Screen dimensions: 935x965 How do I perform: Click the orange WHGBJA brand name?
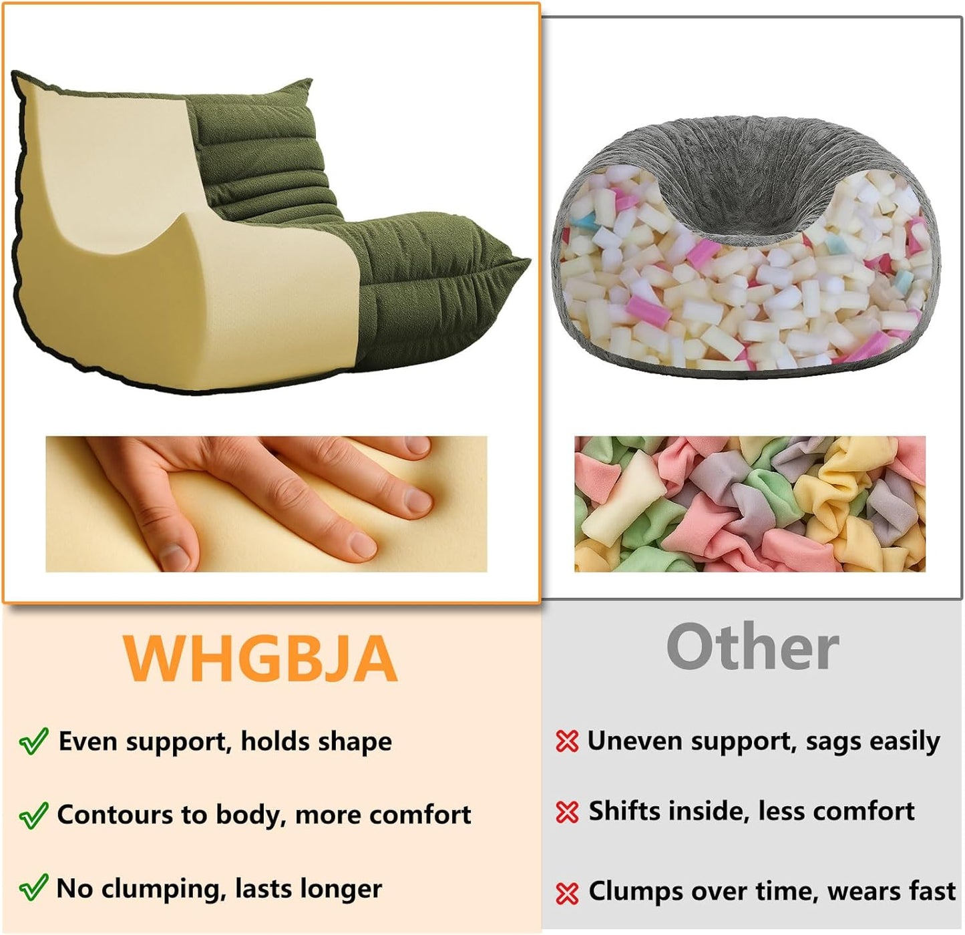260,659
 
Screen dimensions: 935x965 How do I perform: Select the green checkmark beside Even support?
33,741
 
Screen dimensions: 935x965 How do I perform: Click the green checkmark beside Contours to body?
33,815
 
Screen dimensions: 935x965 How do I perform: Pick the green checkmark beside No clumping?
33,888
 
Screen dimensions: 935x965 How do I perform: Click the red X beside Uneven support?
567,741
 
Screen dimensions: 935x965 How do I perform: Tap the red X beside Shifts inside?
567,811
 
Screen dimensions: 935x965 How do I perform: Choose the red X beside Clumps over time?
567,892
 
